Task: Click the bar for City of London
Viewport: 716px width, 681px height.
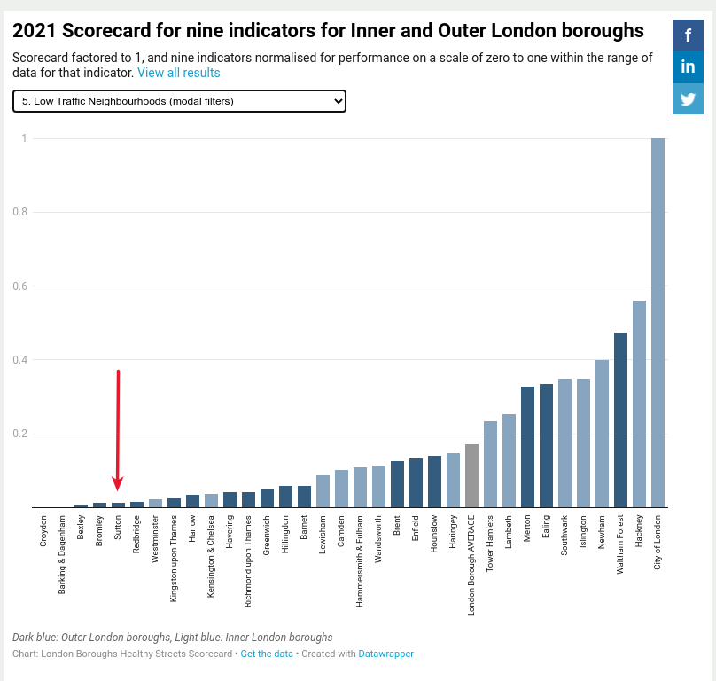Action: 658,323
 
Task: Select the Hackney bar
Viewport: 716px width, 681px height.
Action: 639,404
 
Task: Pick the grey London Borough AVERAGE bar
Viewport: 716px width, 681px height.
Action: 471,476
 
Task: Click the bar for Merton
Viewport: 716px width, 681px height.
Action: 527,447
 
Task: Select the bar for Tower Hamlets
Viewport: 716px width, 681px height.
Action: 490,465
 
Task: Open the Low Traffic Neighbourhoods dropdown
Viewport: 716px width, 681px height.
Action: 179,101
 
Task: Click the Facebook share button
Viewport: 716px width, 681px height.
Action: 689,35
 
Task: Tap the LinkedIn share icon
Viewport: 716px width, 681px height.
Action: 689,67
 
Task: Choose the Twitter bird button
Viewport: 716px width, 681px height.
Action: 689,99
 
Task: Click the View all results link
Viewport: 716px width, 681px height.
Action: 178,73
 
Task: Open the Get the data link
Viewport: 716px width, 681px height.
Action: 266,654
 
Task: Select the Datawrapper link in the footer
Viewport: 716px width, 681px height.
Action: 385,654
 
